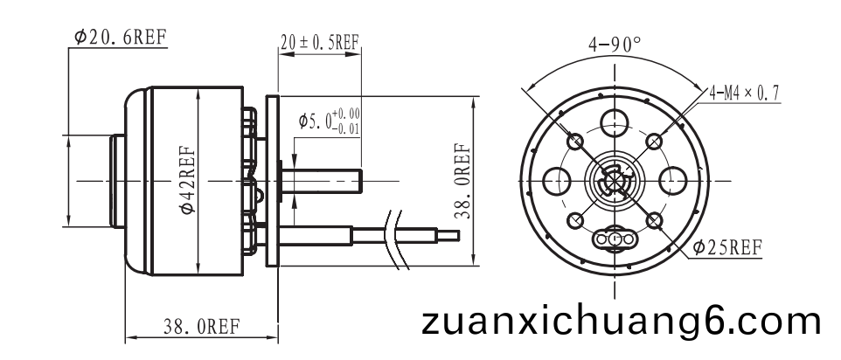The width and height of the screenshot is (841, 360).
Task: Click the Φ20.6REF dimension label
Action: point(121,37)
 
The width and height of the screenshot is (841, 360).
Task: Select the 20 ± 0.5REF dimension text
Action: point(320,42)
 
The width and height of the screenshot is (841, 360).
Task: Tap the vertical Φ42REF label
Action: point(188,181)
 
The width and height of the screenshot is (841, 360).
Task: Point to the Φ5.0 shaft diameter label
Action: point(329,121)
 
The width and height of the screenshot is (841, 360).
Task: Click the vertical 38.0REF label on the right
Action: point(462,181)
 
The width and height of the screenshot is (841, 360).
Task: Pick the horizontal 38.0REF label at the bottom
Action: point(202,326)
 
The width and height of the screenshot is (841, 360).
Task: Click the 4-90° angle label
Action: point(615,45)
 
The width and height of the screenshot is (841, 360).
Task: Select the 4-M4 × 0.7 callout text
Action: point(744,93)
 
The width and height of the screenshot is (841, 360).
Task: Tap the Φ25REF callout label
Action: point(726,247)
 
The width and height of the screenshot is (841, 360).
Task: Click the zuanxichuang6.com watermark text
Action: point(621,322)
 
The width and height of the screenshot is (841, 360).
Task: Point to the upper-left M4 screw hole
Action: point(575,142)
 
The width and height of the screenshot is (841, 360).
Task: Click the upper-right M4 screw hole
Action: point(654,142)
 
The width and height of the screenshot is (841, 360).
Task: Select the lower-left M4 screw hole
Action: point(575,221)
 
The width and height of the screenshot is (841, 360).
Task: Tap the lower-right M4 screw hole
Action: point(654,221)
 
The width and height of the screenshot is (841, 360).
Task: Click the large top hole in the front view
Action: point(615,122)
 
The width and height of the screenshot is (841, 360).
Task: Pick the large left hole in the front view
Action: point(556,181)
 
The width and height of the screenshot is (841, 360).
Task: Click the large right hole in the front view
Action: point(672,181)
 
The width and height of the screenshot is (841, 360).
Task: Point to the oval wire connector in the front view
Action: point(615,239)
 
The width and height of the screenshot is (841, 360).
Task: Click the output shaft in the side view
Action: point(321,181)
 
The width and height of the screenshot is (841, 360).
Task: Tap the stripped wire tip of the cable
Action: point(448,235)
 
